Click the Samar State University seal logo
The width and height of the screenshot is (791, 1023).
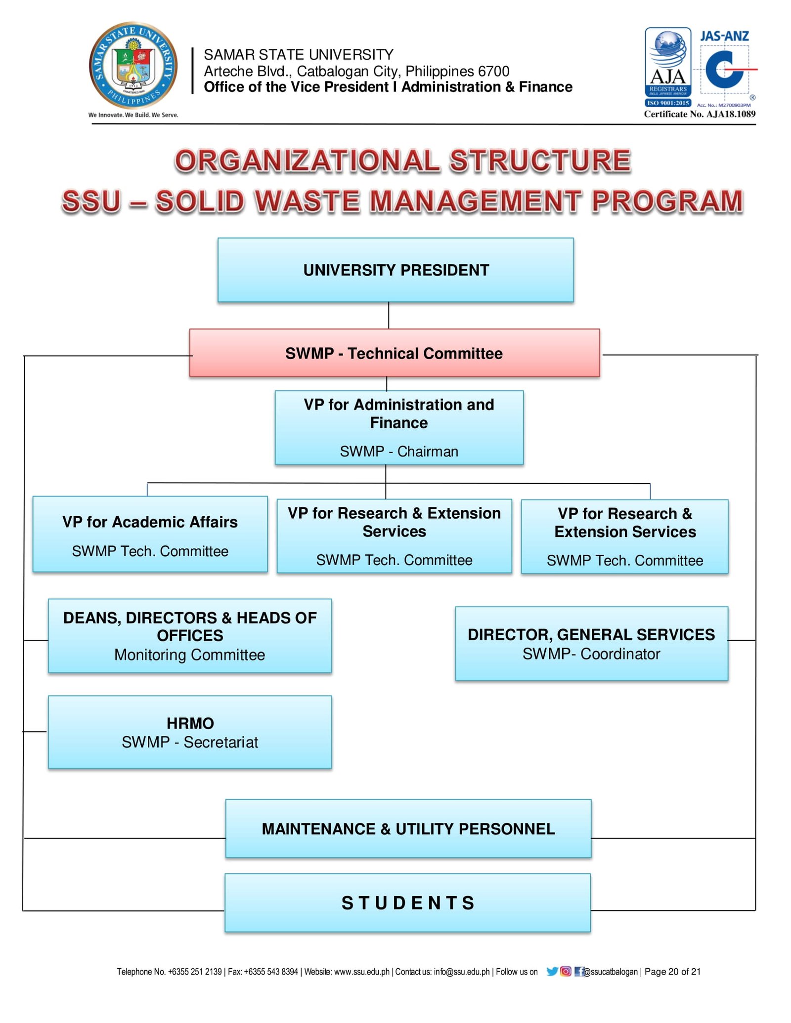click(133, 66)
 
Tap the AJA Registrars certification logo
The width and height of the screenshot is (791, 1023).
click(667, 67)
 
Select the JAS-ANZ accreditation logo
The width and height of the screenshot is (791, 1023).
click(725, 67)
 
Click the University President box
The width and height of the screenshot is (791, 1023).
click(395, 270)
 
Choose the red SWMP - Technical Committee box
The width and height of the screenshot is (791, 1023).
click(394, 353)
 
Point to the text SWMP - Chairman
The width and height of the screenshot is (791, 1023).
click(399, 451)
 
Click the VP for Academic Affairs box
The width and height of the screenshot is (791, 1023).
click(150, 534)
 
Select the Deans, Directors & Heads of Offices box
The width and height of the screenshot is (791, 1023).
click(190, 636)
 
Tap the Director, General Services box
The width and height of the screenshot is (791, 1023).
click(591, 643)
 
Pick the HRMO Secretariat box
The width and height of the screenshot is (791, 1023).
click(190, 732)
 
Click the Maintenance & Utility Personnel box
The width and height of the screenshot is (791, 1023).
click(408, 828)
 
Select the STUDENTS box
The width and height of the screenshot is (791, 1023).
click(408, 902)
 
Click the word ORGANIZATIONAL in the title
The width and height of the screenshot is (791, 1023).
click(307, 161)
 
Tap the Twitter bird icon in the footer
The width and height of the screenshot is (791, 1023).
click(552, 972)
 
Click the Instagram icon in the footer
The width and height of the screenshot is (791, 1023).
click(566, 972)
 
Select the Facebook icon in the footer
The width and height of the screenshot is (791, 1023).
click(579, 972)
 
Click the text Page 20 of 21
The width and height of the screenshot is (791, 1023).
click(672, 972)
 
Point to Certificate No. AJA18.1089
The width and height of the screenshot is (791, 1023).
click(700, 114)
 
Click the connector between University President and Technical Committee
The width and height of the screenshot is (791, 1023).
click(389, 315)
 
